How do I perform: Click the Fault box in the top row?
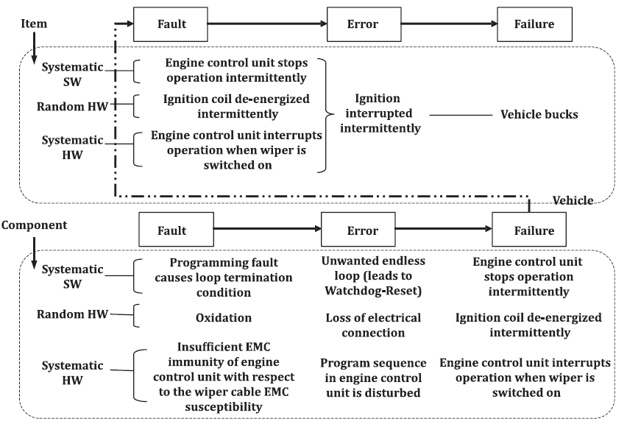pyautogui.click(x=171, y=24)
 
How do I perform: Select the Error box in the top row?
pyautogui.click(x=362, y=24)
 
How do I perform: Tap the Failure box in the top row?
pyautogui.click(x=534, y=24)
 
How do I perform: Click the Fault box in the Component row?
pyautogui.click(x=171, y=230)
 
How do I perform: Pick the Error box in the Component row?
pyautogui.click(x=362, y=230)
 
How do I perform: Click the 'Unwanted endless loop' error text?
pyautogui.click(x=373, y=276)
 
